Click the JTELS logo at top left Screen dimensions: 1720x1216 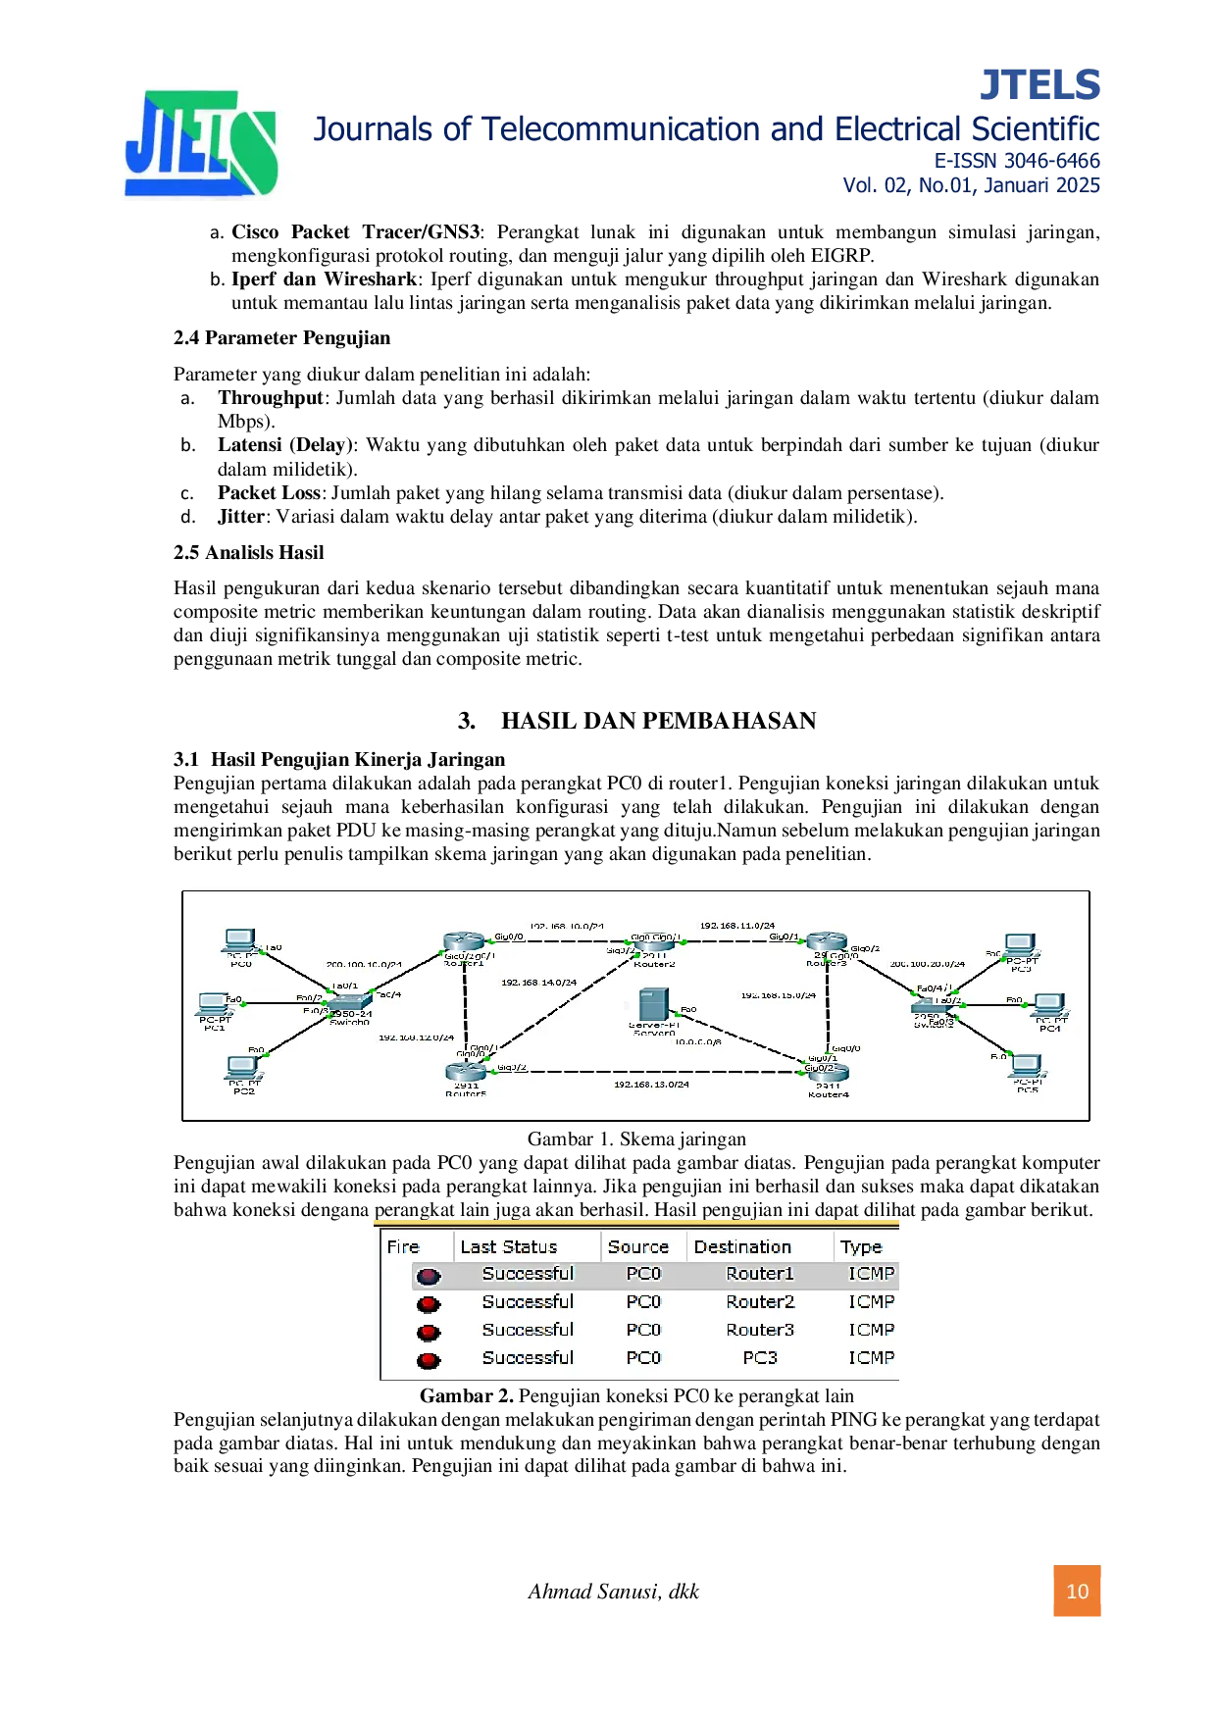coord(201,144)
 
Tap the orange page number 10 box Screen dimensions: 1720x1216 coord(1078,1592)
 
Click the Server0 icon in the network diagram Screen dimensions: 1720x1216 coord(653,1006)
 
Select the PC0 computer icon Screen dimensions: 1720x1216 coord(240,941)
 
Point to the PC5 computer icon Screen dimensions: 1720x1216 coord(1026,1066)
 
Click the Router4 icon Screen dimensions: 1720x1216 coord(828,1073)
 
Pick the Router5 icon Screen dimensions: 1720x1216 coord(466,1072)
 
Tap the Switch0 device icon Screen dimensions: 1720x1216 coord(350,1002)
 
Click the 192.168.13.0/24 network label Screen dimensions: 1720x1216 coord(651,1085)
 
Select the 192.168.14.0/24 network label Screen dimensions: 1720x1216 coord(538,983)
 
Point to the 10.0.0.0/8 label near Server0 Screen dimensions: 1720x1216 coord(698,1041)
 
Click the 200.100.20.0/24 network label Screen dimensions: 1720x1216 coord(927,964)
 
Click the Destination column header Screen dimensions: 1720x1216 coord(742,1247)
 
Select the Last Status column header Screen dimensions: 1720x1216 coord(508,1247)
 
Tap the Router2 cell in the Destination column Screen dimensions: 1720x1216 coord(760,1302)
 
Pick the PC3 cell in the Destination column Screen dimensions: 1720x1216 coord(760,1358)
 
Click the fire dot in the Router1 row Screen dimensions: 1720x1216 coord(429,1276)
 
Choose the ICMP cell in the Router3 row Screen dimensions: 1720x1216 coord(871,1330)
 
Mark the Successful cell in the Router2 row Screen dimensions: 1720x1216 coord(528,1302)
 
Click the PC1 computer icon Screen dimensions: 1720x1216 coord(214,1005)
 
